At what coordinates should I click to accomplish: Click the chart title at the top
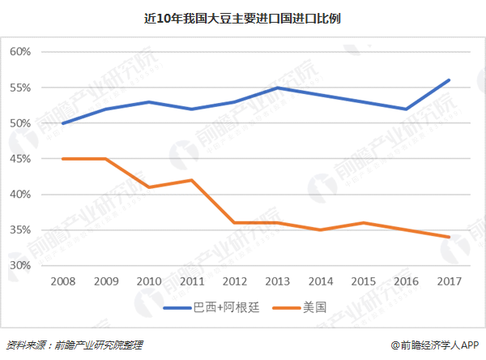tap(243, 17)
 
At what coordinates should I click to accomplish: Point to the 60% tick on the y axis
tap(20, 52)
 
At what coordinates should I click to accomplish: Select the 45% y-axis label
tap(20, 159)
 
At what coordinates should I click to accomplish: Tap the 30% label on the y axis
tap(20, 266)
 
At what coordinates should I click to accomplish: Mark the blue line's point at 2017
tap(449, 80)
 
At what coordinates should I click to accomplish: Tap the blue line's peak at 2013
tap(277, 88)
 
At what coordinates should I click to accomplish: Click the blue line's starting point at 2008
tap(62, 123)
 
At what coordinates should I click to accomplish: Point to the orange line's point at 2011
tap(191, 180)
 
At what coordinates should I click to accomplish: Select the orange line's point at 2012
tap(234, 223)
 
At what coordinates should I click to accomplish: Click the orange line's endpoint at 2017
tap(449, 238)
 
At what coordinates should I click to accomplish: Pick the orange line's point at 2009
tap(105, 159)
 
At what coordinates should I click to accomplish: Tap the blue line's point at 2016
tap(406, 109)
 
